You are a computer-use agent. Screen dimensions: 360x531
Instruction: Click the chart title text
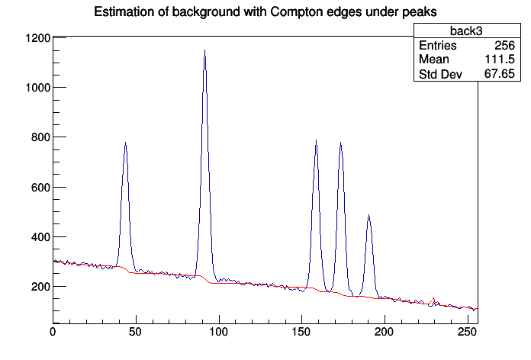265,11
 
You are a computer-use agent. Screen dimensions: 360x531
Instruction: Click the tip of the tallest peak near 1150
204,50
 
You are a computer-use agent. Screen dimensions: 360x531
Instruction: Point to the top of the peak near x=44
125,143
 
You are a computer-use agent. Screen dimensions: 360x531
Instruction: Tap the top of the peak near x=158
315,140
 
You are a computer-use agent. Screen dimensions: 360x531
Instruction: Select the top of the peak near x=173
340,143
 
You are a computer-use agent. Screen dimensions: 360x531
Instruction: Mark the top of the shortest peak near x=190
368,215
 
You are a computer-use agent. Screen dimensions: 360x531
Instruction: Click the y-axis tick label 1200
37,38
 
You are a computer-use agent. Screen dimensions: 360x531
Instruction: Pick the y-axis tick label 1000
37,88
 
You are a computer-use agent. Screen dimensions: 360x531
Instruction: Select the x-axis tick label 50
136,333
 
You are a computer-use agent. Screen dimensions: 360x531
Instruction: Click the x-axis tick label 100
218,333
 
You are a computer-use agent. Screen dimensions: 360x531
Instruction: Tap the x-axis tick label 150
301,333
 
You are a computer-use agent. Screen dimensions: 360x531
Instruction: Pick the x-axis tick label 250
467,333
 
